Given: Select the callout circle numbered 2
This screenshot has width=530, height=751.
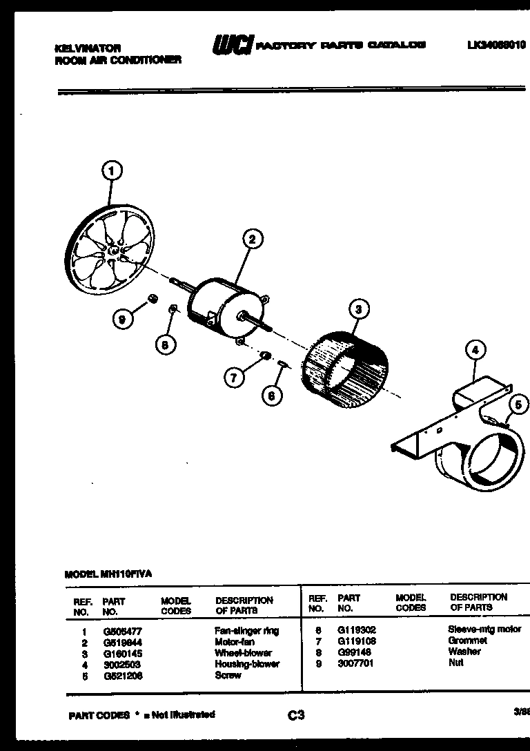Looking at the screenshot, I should (x=252, y=240).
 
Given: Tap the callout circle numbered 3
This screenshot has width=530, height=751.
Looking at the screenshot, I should (x=357, y=309).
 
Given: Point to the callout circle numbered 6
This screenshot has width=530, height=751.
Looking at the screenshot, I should (x=271, y=396).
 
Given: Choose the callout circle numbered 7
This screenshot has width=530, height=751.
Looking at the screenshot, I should (x=234, y=377).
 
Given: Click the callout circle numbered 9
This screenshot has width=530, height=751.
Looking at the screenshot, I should (x=122, y=319).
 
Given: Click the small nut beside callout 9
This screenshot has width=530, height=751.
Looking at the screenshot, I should (x=153, y=298).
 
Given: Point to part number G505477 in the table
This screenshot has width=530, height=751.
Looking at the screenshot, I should (x=117, y=631).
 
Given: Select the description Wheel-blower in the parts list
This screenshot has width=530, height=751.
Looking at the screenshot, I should (x=243, y=653).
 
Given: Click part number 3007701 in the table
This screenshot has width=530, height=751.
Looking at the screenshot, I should (x=352, y=663).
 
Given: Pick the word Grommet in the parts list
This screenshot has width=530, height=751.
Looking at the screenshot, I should (x=467, y=641).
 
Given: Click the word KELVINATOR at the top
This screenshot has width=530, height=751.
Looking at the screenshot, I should (x=88, y=48).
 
